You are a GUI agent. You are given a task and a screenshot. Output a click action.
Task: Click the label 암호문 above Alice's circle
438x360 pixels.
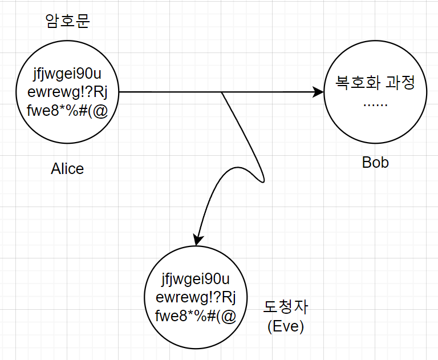pos(67,21)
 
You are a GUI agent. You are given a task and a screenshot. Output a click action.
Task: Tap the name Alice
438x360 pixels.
pos(67,169)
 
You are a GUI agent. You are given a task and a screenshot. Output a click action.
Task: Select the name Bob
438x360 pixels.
pos(375,163)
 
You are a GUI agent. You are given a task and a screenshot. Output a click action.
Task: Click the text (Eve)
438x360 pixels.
pos(286,326)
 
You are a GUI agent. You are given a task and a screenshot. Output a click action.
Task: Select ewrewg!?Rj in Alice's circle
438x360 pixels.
pos(67,92)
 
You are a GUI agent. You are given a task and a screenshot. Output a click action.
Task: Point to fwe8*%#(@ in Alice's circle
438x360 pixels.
pos(67,111)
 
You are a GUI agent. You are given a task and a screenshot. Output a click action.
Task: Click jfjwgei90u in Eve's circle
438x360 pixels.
pos(196,280)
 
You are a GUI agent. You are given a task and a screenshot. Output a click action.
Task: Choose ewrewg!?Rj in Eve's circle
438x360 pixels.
pos(196,298)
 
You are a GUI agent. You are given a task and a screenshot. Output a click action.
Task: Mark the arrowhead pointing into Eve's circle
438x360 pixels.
pos(197,239)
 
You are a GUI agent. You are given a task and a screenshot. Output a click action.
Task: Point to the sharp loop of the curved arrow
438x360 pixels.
pos(262,180)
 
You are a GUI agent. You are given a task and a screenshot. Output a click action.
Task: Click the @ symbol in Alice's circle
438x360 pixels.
pos(100,111)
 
